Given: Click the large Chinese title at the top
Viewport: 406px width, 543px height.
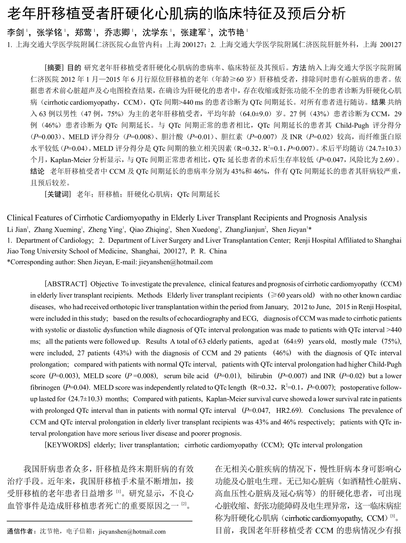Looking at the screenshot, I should tap(176, 14).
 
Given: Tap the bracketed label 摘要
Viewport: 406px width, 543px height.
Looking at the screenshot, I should tap(55, 68).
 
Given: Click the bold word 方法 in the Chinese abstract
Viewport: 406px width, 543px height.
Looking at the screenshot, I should tap(299, 68).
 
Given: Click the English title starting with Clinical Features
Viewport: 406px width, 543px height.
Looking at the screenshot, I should tap(187, 218).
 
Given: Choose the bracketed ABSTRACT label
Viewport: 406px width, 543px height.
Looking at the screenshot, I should tap(65, 284).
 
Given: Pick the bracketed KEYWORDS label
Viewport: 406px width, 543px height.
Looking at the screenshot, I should tap(67, 445).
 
